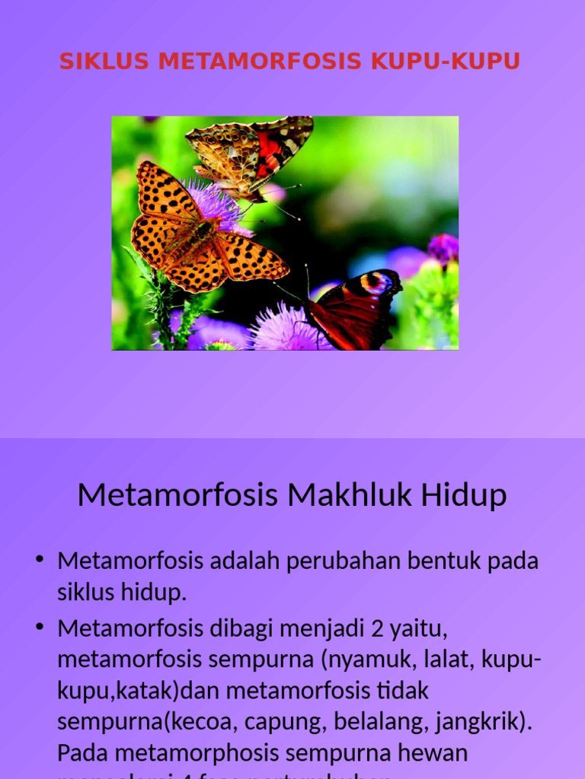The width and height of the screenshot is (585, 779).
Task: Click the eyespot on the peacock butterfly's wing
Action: click(x=377, y=283)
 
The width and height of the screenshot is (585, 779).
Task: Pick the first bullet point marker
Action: click(x=40, y=561)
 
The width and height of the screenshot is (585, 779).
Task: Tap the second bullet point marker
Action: click(x=40, y=628)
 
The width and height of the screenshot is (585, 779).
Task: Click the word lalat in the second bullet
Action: click(x=436, y=660)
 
